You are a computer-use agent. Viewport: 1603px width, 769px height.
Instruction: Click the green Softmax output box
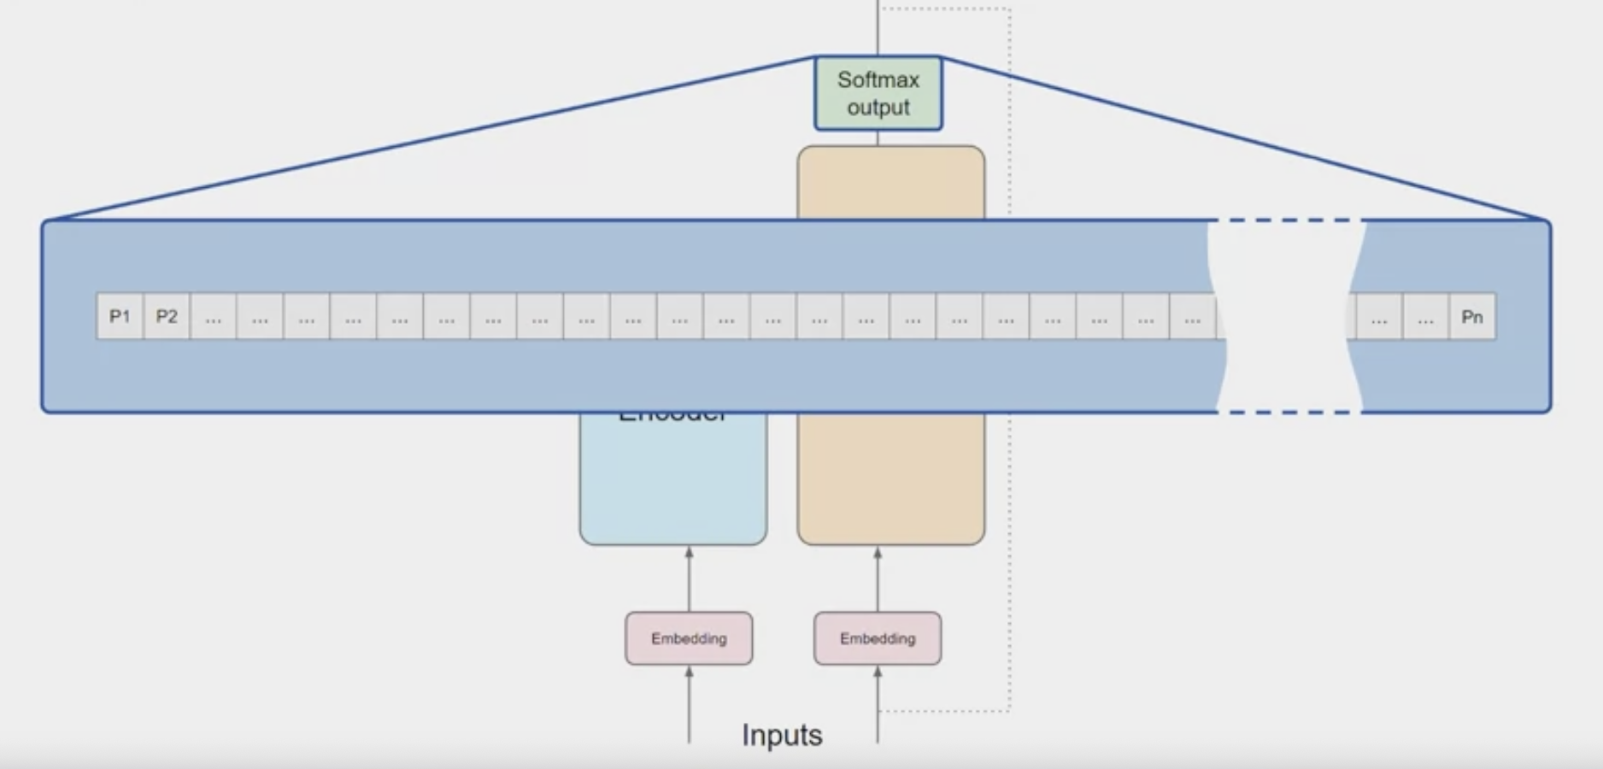pos(878,93)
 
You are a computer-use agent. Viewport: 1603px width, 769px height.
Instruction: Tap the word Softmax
pos(878,79)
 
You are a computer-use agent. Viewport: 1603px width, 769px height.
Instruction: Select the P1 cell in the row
pos(120,317)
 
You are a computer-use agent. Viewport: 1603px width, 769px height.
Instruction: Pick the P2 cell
pos(167,317)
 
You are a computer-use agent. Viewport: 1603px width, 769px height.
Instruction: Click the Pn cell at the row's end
pos(1471,317)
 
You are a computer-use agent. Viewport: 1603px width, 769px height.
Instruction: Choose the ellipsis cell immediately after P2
pos(214,317)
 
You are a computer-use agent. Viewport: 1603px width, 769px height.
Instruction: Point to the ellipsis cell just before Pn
pos(1425,317)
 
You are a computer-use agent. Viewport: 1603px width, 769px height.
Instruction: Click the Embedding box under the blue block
pos(689,638)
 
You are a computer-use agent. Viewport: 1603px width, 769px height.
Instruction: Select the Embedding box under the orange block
pos(878,638)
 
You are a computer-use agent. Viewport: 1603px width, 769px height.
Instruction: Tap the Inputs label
pos(782,735)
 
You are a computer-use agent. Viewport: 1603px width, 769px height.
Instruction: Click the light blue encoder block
pos(673,483)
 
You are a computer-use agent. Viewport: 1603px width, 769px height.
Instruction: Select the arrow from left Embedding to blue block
pos(689,579)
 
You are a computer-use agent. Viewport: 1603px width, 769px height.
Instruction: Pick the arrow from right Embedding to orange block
pos(878,579)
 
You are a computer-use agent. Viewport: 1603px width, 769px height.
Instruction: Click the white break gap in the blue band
pos(1286,316)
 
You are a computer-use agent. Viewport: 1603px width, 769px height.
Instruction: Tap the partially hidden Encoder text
pos(673,416)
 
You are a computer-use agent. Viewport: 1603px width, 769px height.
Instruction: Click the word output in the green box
pos(878,108)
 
